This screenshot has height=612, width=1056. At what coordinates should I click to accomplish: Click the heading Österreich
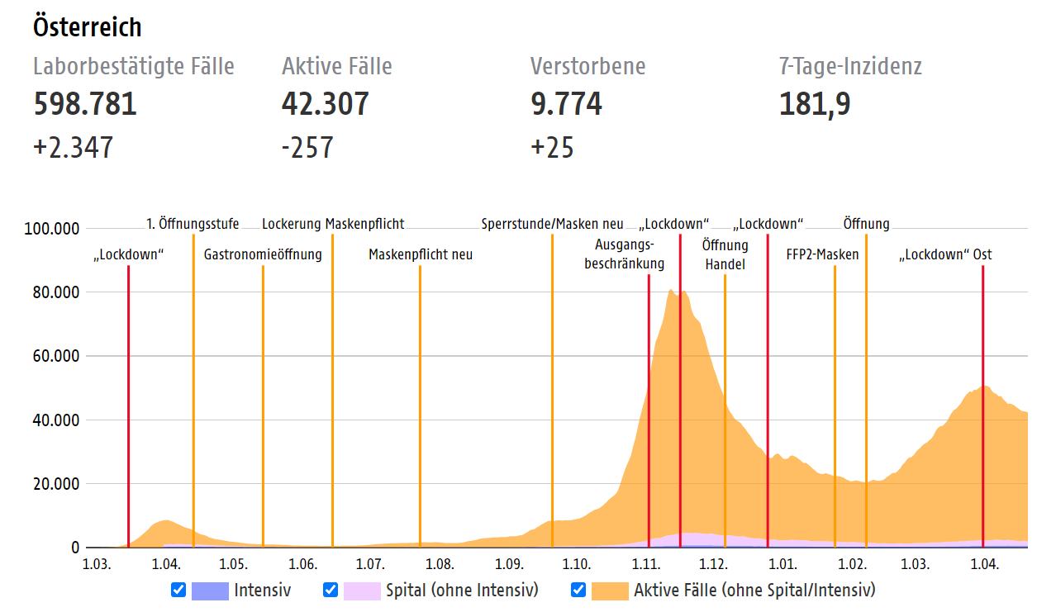pyautogui.click(x=87, y=26)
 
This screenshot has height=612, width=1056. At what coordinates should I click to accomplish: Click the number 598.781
pyautogui.click(x=85, y=105)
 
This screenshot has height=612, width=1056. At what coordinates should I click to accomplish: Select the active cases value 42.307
pyautogui.click(x=325, y=105)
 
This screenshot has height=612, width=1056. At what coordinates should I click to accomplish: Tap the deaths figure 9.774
pyautogui.click(x=566, y=105)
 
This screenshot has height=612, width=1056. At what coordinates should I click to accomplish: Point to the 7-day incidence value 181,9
pyautogui.click(x=815, y=105)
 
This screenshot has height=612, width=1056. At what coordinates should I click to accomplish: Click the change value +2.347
pyautogui.click(x=73, y=148)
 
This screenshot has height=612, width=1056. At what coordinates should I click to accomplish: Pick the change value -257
pyautogui.click(x=307, y=148)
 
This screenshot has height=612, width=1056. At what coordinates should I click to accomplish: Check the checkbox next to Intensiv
pyautogui.click(x=178, y=590)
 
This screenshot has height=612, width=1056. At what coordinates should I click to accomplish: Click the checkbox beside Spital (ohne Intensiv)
pyautogui.click(x=330, y=590)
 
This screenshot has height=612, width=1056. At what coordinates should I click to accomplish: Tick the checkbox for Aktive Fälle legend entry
pyautogui.click(x=578, y=590)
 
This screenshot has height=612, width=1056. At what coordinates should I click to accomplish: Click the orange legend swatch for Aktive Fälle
pyautogui.click(x=610, y=590)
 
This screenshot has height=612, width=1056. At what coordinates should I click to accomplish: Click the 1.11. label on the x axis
pyautogui.click(x=645, y=565)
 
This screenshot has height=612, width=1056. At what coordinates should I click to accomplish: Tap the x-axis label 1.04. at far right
pyautogui.click(x=983, y=565)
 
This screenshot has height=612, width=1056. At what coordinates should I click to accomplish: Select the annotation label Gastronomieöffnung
pyautogui.click(x=263, y=254)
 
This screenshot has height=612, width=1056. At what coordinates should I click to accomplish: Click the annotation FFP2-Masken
pyautogui.click(x=822, y=254)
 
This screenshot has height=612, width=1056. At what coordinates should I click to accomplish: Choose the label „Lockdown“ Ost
pyautogui.click(x=945, y=254)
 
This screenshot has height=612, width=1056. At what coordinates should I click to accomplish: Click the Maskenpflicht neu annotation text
pyautogui.click(x=421, y=254)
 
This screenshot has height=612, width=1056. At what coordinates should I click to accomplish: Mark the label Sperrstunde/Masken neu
pyautogui.click(x=552, y=224)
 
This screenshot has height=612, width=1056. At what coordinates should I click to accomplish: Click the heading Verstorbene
pyautogui.click(x=587, y=66)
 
